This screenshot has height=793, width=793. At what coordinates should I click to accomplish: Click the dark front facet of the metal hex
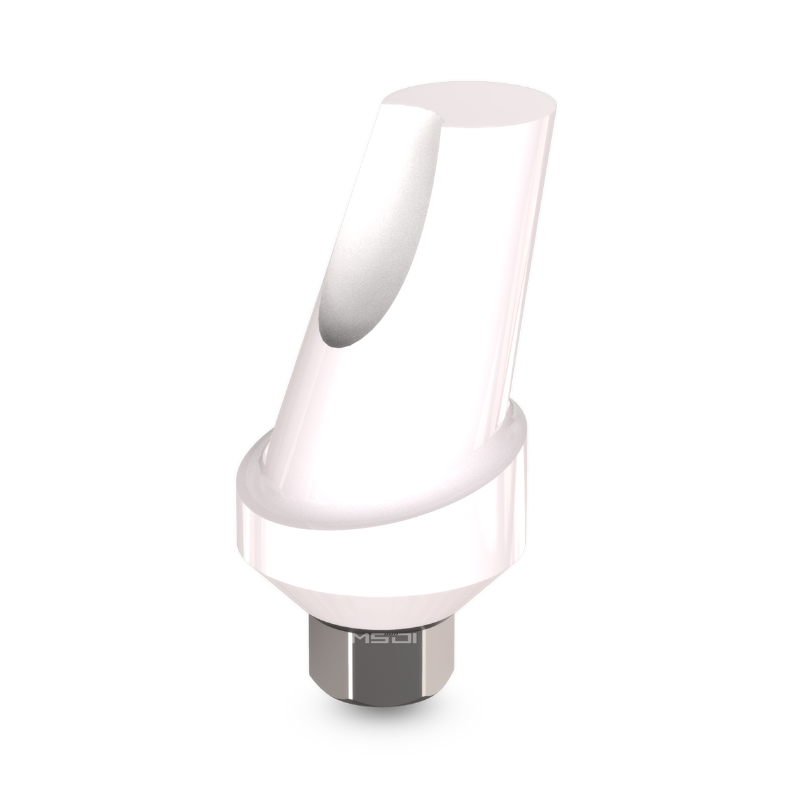pyautogui.click(x=397, y=667)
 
